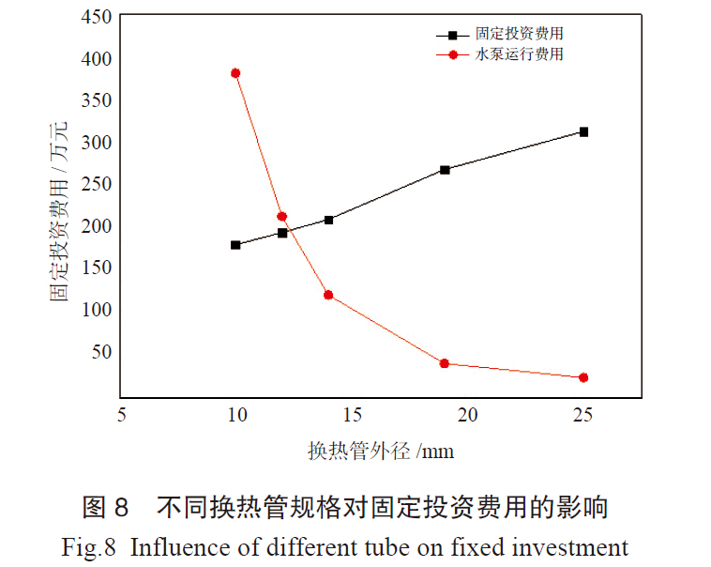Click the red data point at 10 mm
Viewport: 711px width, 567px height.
click(235, 73)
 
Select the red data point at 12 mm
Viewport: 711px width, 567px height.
click(282, 217)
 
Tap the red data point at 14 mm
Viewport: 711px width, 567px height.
click(328, 295)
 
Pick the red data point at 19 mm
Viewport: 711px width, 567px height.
click(445, 363)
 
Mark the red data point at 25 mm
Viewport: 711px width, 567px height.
click(583, 377)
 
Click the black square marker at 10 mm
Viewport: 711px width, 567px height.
click(235, 245)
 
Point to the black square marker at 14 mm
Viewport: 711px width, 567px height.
click(328, 220)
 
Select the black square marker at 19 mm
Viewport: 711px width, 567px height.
click(445, 170)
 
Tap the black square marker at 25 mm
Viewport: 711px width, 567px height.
click(583, 131)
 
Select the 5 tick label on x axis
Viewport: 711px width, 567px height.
click(121, 414)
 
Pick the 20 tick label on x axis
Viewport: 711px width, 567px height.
click(467, 414)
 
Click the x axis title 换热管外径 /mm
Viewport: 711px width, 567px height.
click(381, 451)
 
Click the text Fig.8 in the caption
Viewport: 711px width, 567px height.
click(89, 546)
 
